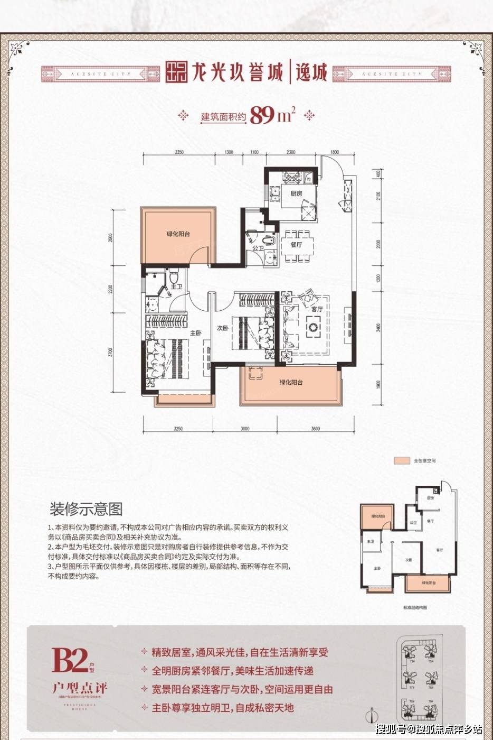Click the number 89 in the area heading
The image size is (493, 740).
[x=263, y=115]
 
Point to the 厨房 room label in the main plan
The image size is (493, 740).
[x=296, y=193]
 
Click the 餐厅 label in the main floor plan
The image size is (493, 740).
[x=296, y=245]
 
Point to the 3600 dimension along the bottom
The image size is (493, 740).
[x=316, y=429]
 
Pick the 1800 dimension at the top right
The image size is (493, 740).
[x=334, y=152]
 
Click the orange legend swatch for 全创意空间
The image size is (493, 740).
[x=402, y=460]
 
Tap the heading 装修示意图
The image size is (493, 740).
[x=86, y=509]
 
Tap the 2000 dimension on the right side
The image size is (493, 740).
[x=378, y=244]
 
